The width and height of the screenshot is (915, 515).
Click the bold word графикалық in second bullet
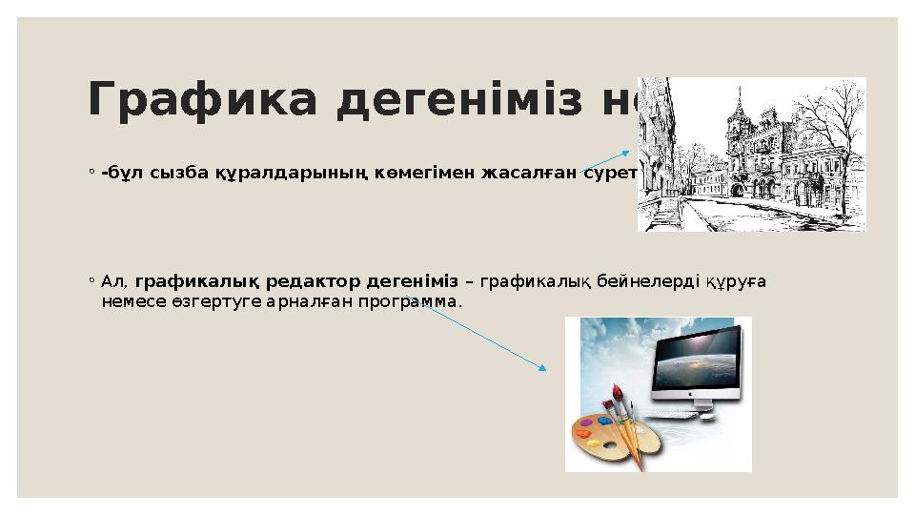197,281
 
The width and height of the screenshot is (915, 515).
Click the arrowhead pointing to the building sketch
626,151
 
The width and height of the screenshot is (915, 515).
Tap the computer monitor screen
696,359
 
